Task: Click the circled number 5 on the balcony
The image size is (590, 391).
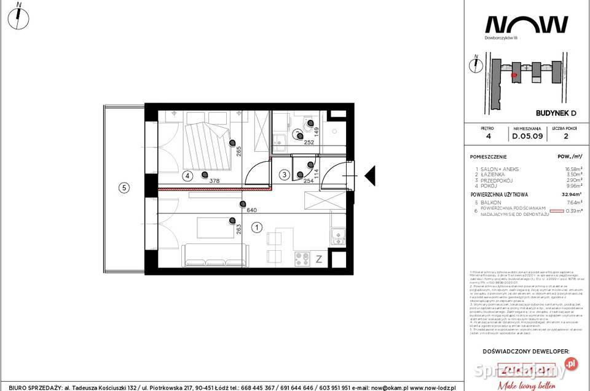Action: (124, 188)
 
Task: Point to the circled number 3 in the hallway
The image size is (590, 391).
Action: (285, 175)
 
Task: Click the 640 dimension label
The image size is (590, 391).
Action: (251, 209)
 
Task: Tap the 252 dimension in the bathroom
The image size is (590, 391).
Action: (309, 143)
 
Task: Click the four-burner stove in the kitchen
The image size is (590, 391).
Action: (302, 258)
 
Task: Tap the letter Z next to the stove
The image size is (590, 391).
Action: (319, 259)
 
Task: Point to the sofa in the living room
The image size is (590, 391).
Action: (215, 253)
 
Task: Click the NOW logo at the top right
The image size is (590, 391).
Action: (526, 24)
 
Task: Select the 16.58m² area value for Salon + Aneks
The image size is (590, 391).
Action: (570, 168)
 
